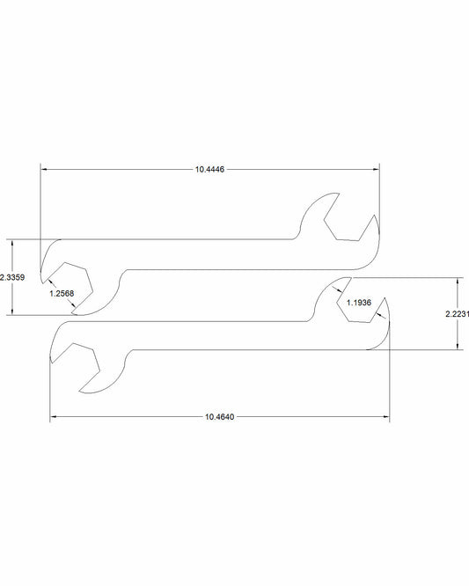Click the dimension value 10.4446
point(210,169)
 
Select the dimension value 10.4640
point(220,415)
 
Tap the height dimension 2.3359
point(11,277)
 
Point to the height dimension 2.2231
point(457,313)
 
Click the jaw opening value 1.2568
point(62,293)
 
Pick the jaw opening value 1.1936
point(359,303)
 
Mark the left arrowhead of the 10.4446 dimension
point(44,169)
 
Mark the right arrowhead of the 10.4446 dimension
point(376,169)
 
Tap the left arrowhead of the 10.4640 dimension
point(54,415)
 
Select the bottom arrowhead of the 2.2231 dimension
point(457,347)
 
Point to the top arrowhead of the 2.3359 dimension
point(11,242)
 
